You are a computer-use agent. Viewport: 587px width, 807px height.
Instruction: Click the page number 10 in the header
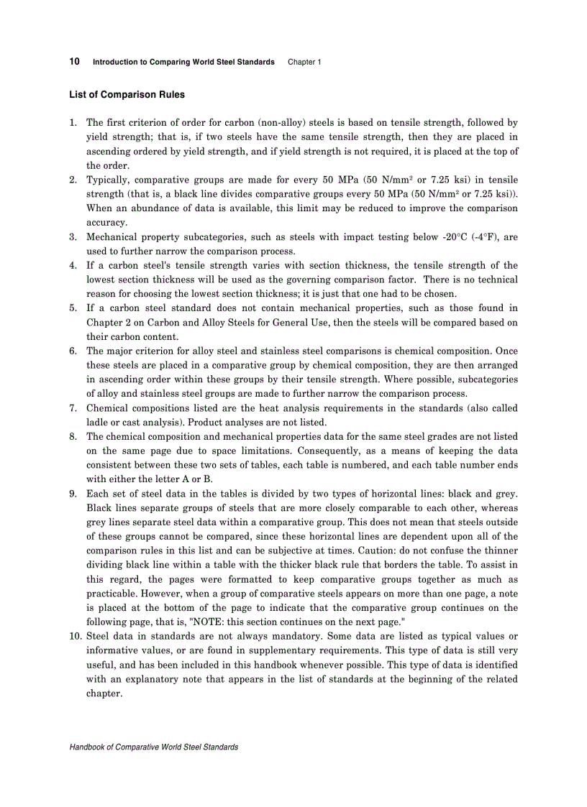click(x=74, y=62)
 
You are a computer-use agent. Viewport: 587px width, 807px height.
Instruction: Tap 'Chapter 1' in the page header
click(x=304, y=63)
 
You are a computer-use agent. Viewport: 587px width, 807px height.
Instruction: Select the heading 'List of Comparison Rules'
click(x=127, y=95)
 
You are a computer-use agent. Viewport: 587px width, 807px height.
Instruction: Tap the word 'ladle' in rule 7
click(x=97, y=423)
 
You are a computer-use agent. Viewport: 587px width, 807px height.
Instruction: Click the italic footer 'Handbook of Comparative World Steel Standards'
click(x=153, y=747)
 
